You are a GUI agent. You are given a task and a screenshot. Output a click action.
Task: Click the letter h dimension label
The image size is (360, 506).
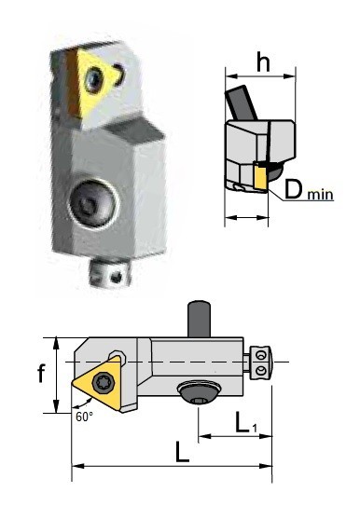pos(263,64)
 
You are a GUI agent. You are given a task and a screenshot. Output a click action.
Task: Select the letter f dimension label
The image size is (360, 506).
pos(40,375)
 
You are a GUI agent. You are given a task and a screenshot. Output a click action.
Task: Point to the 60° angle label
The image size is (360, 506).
pos(85,417)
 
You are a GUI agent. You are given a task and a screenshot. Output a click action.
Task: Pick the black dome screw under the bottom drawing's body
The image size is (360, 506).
pos(199,395)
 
